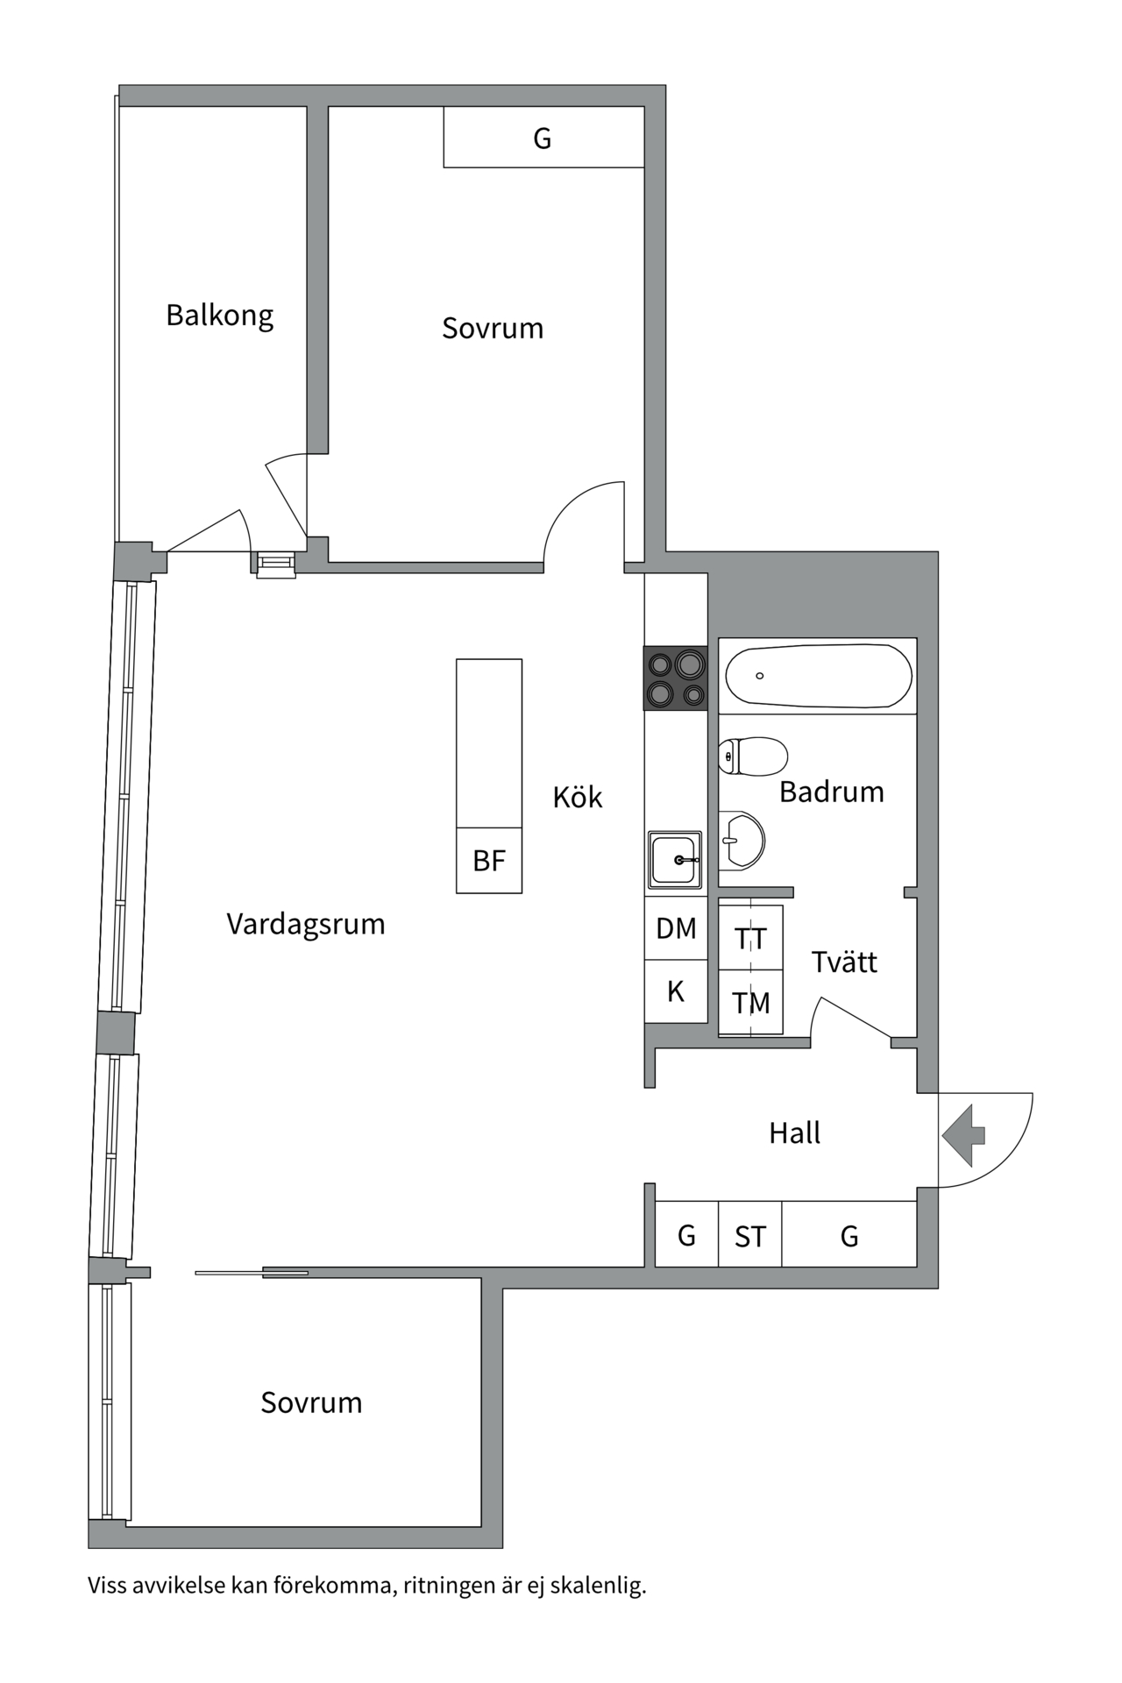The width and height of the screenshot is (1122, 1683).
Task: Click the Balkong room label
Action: pos(219,315)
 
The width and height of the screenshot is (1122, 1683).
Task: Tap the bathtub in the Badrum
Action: pos(818,676)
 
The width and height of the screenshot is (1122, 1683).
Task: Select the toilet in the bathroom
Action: pos(753,756)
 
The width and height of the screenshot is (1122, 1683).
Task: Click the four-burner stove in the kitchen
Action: pos(676,678)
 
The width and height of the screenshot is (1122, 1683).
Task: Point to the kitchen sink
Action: pos(675,859)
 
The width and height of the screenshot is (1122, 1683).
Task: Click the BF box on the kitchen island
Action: pos(489,860)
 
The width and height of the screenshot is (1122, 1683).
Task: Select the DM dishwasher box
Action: pos(676,928)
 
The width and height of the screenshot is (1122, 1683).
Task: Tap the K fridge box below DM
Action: pos(676,991)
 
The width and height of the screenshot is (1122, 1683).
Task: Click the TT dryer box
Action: pos(750,939)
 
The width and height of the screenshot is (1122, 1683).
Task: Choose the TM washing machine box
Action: pos(750,1003)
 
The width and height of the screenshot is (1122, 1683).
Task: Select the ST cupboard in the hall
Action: pos(749,1236)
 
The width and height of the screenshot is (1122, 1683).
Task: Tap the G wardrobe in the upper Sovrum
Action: pos(543,138)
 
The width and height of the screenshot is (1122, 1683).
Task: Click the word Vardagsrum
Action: pos(306,924)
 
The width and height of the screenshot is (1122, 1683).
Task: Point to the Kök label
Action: pos(578,797)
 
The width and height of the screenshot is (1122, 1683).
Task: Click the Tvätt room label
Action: pos(843,962)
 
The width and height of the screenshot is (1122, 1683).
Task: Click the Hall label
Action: pos(794,1133)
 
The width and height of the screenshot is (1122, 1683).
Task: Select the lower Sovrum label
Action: pos(311,1402)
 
